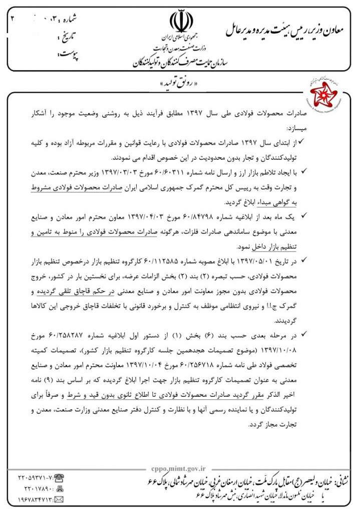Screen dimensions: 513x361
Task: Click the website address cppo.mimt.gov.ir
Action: pyautogui.click(x=177, y=468)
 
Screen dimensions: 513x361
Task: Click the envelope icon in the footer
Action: pyautogui.click(x=59, y=499)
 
